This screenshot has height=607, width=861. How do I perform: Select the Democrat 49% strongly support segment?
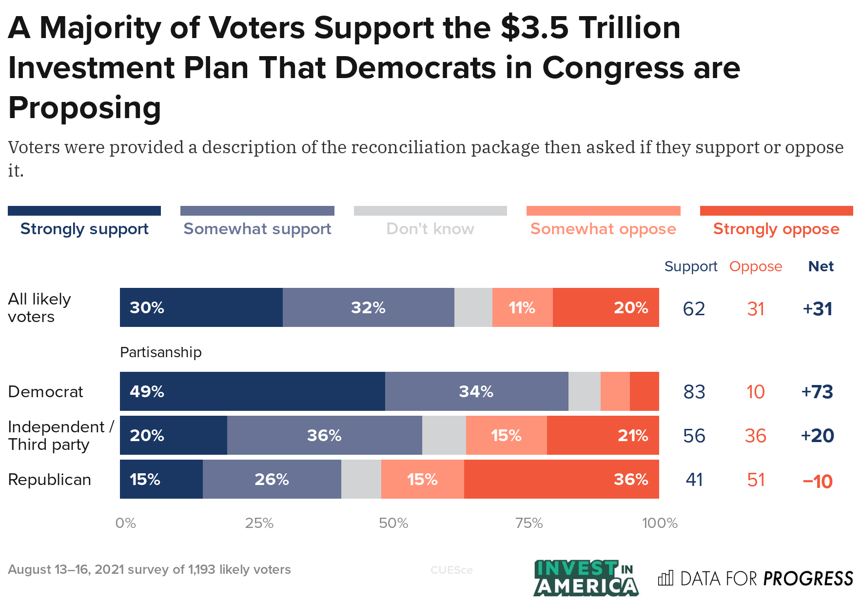[x=252, y=391]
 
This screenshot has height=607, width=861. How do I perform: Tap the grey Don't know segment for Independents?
[x=444, y=435]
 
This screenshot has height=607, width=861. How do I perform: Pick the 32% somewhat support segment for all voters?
[x=368, y=307]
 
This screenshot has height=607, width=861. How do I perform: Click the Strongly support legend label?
[x=84, y=229]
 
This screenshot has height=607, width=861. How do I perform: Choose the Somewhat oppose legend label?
[x=603, y=229]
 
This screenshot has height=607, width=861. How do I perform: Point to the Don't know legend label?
[x=430, y=229]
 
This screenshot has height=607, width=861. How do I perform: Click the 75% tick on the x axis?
[x=529, y=523]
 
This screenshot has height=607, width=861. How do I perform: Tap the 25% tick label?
[x=259, y=523]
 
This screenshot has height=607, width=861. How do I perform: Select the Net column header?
[x=821, y=266]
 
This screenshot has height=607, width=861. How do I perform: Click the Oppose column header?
[x=755, y=266]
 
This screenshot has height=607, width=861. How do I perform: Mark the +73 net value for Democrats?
[x=817, y=392]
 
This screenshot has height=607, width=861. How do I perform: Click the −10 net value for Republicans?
[x=817, y=481]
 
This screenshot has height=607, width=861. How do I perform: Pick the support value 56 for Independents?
[x=694, y=436]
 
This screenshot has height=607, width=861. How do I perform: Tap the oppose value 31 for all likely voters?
[x=756, y=309]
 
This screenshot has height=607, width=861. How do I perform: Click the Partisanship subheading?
[x=160, y=352]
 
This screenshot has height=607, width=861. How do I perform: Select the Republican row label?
[x=49, y=480]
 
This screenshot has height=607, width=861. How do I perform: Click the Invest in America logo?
[x=586, y=578]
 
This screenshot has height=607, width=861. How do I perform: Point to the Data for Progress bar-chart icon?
[x=665, y=578]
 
